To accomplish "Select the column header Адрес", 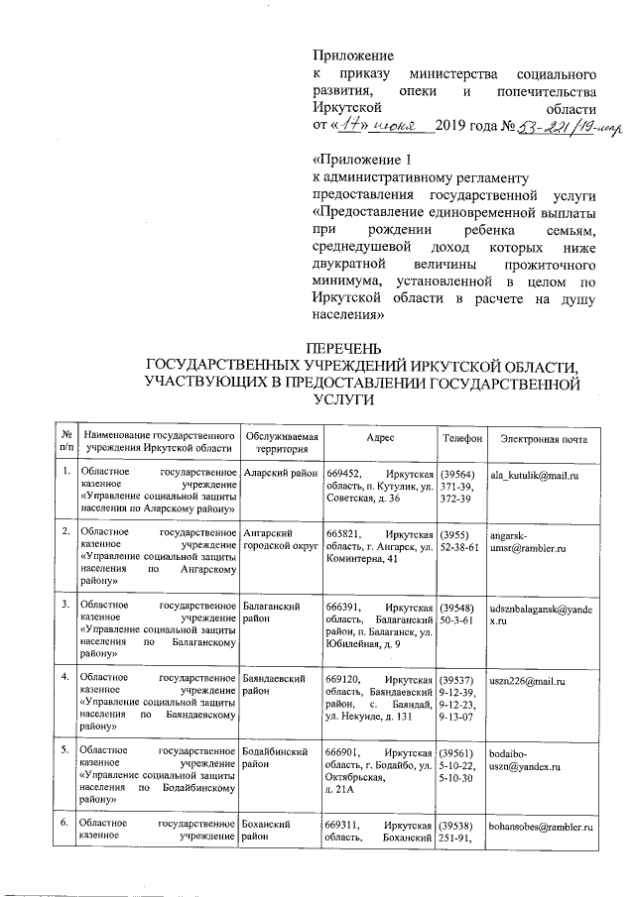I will coord(381,439).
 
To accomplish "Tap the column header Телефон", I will coord(461,439).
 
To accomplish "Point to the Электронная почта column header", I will coord(544,439).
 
